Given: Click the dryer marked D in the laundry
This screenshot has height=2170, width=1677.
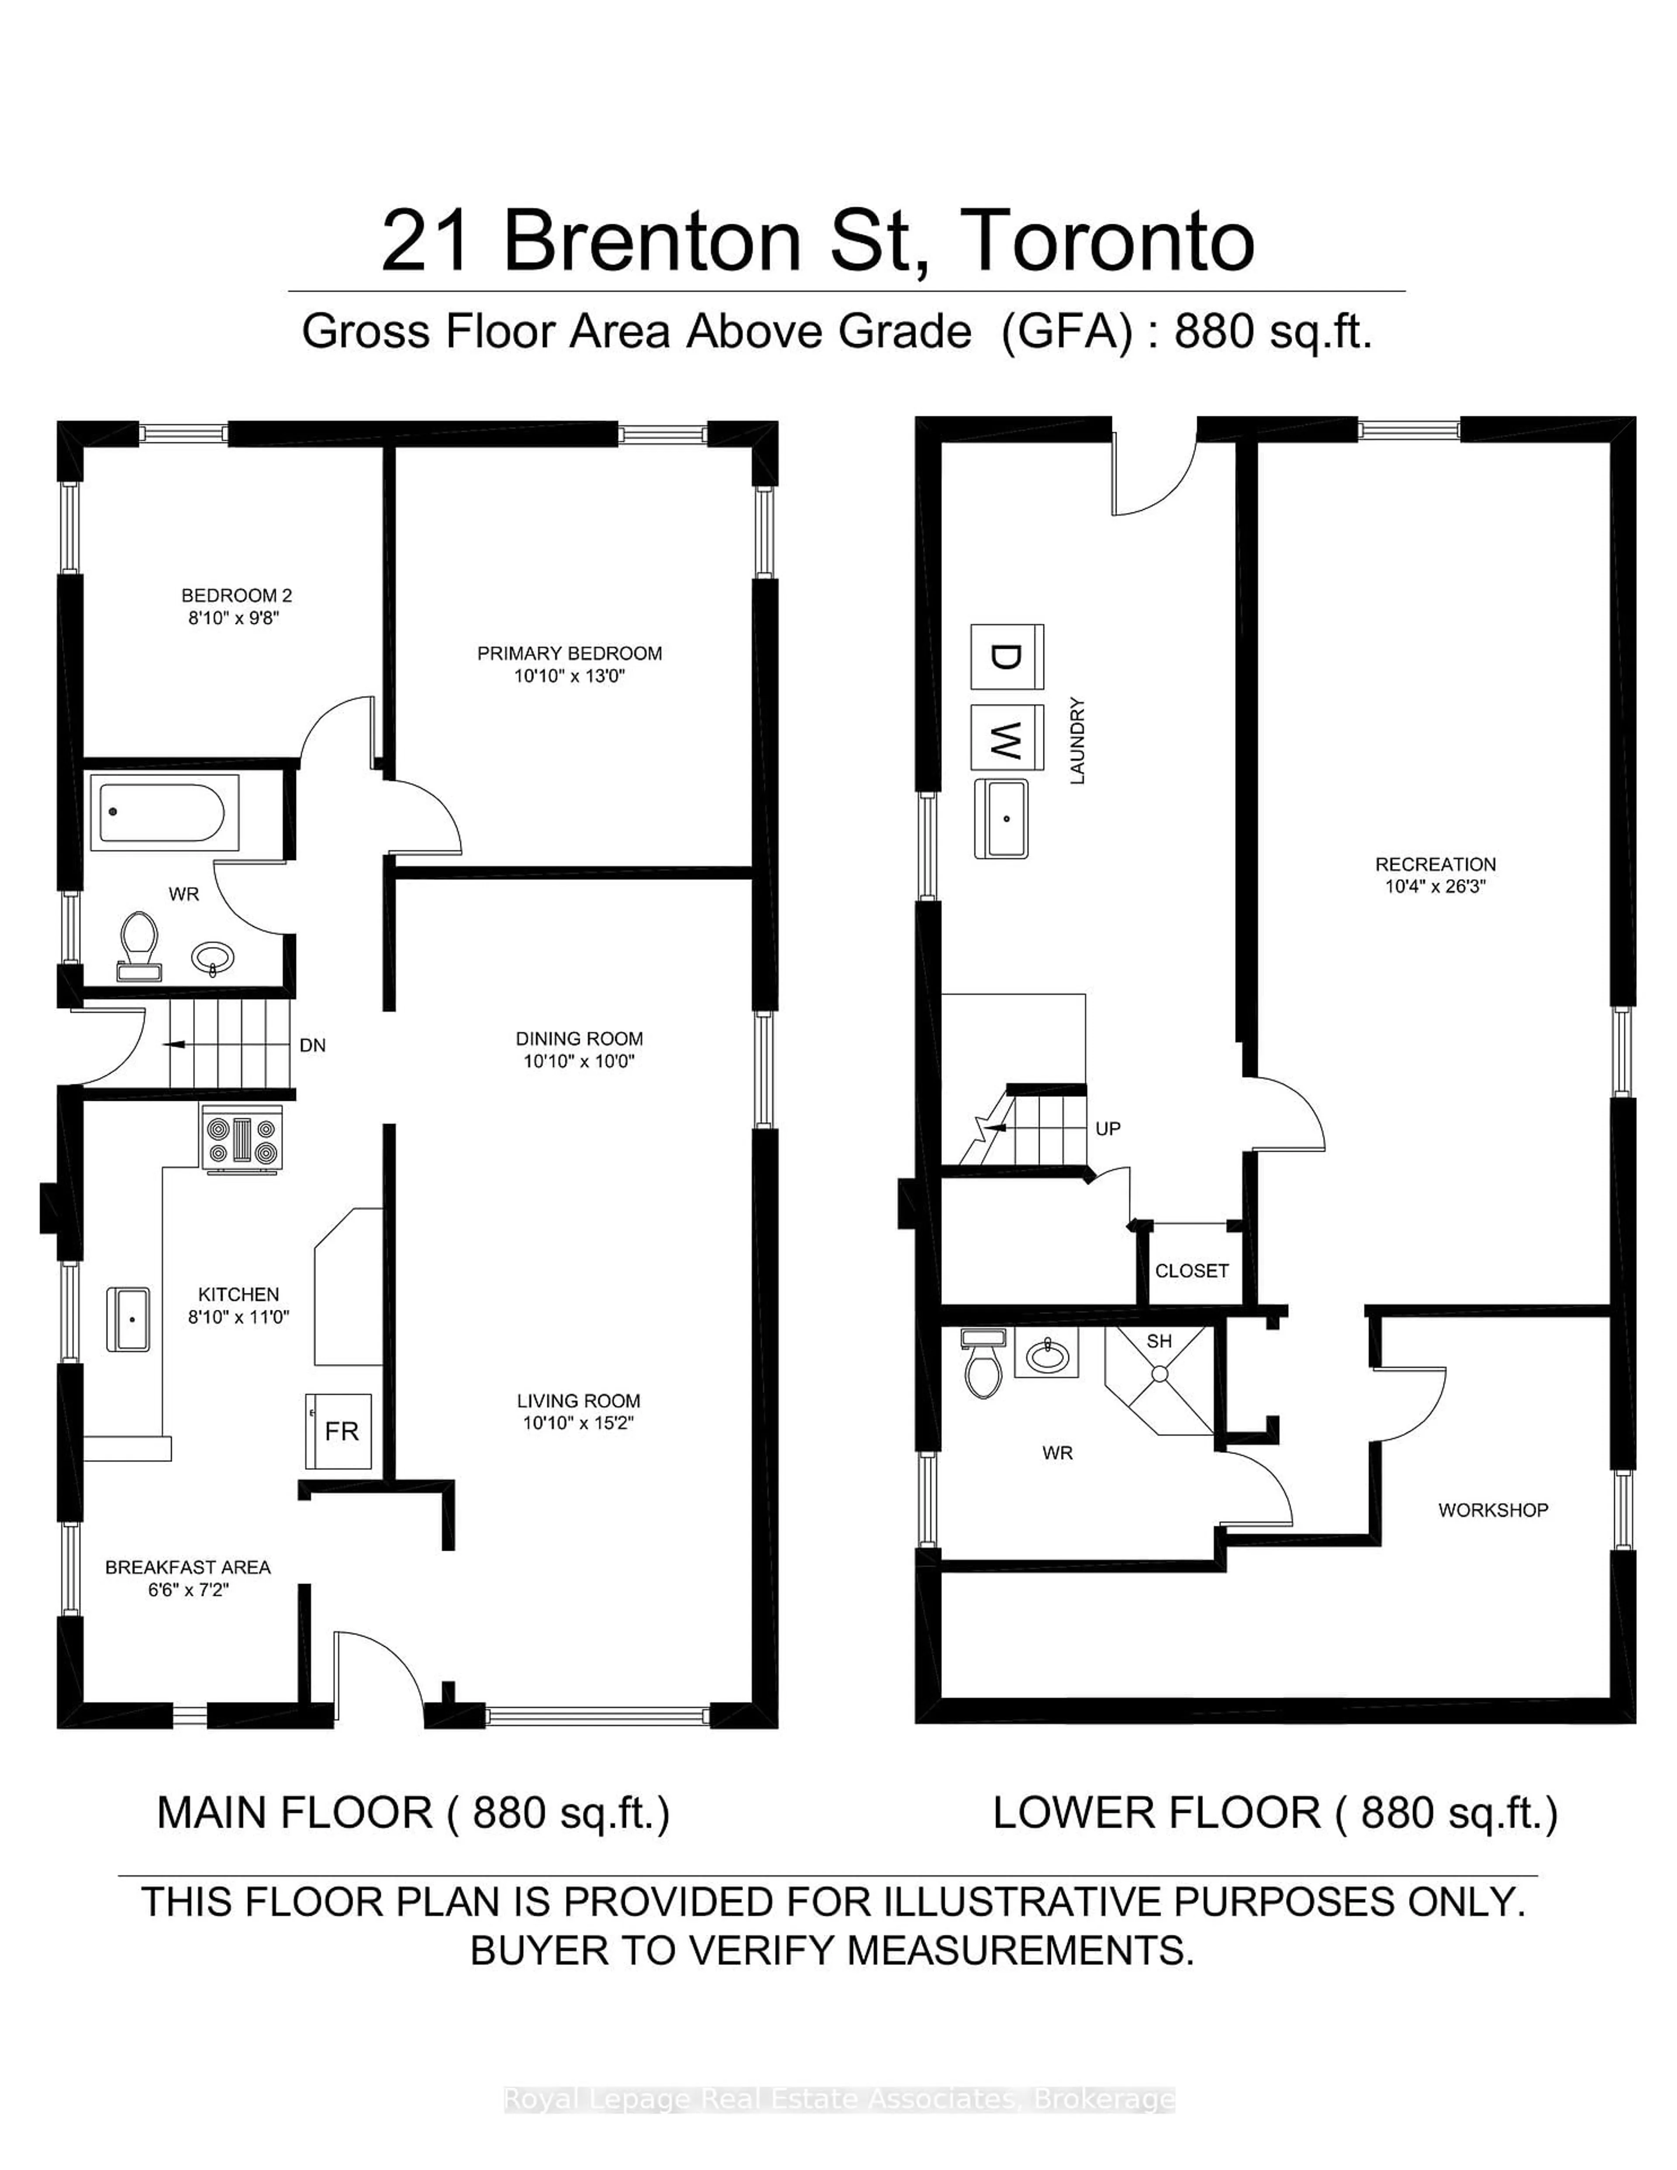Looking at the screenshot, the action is [1006, 657].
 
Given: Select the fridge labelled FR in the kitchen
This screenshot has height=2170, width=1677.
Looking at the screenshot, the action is [339, 1431].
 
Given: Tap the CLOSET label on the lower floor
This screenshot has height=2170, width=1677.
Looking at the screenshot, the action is [1191, 1271].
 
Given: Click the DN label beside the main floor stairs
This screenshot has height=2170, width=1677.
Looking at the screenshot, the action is [312, 1045].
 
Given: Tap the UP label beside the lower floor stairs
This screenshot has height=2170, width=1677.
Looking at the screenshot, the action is [1108, 1129].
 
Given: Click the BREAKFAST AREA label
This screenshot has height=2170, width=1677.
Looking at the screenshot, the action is [188, 1567].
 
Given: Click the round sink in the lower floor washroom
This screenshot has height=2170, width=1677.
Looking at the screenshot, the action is [1045, 1353].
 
